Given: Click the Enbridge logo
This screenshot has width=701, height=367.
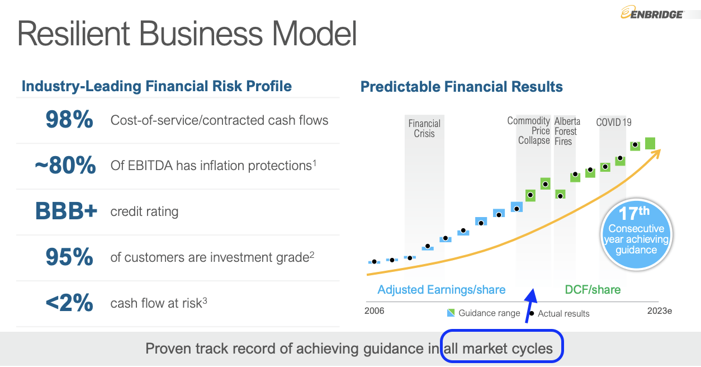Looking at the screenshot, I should pyautogui.click(x=652, y=13).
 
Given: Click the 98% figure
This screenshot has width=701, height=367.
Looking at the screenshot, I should pyautogui.click(x=69, y=120).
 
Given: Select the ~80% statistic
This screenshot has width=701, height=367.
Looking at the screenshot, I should pyautogui.click(x=65, y=166).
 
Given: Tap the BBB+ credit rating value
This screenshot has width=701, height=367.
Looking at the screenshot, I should pyautogui.click(x=66, y=211).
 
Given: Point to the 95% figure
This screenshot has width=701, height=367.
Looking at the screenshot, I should pyautogui.click(x=69, y=257).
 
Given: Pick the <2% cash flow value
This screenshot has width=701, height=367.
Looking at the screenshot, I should pyautogui.click(x=69, y=303).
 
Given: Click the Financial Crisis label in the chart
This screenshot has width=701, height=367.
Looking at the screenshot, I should pyautogui.click(x=424, y=129).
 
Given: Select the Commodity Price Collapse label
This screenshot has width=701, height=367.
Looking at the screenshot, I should pyautogui.click(x=529, y=130).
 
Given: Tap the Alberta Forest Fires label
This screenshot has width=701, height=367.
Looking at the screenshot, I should pyautogui.click(x=567, y=131).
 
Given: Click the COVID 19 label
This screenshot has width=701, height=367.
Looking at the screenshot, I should pyautogui.click(x=614, y=122).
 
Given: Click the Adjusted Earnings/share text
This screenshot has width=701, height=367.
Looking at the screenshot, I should pyautogui.click(x=441, y=290).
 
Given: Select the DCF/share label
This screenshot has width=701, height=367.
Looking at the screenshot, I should pyautogui.click(x=593, y=290).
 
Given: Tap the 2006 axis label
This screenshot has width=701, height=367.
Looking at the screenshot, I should pyautogui.click(x=375, y=311).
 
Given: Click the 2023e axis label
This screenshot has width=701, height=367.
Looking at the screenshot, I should pyautogui.click(x=660, y=311).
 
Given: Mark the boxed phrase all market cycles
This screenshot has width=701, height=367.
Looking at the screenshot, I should pyautogui.click(x=502, y=349).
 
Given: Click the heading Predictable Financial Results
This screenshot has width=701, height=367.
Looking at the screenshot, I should pyautogui.click(x=461, y=87).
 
